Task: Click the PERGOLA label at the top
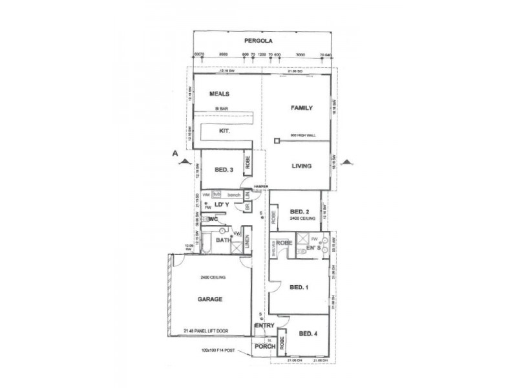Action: [264, 40]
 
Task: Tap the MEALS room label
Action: [220, 94]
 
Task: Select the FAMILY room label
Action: [302, 107]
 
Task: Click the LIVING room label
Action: [301, 166]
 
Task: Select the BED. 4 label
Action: [308, 334]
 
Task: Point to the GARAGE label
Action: [210, 300]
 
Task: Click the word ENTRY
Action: [266, 325]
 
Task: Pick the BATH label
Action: [223, 239]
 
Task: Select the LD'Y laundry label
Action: [222, 205]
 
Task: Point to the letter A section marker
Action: [174, 154]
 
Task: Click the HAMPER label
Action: [260, 187]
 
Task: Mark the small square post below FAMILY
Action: [276, 140]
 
